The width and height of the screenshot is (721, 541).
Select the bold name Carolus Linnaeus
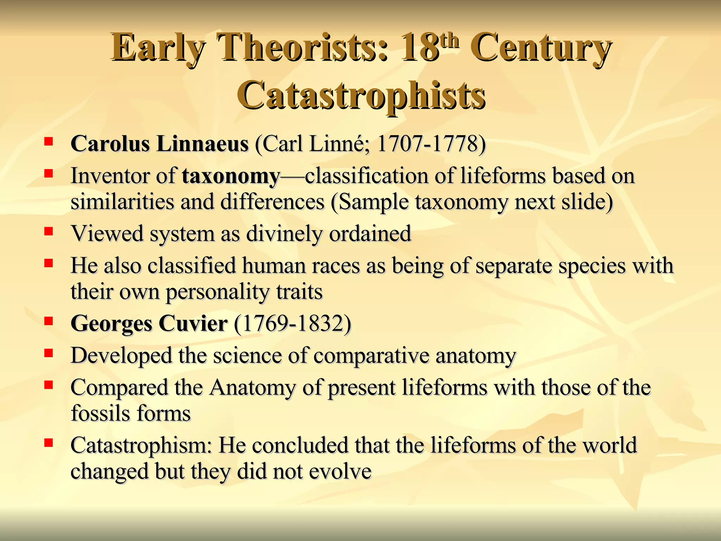point(159,144)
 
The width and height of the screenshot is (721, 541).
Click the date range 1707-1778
point(426,144)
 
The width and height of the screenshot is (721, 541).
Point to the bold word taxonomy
point(231,176)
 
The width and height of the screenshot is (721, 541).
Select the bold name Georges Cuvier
point(149,323)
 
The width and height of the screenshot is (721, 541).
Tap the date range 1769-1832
point(293,323)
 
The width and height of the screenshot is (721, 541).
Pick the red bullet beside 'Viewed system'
point(48,231)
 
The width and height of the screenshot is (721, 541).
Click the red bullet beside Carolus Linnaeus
point(48,142)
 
